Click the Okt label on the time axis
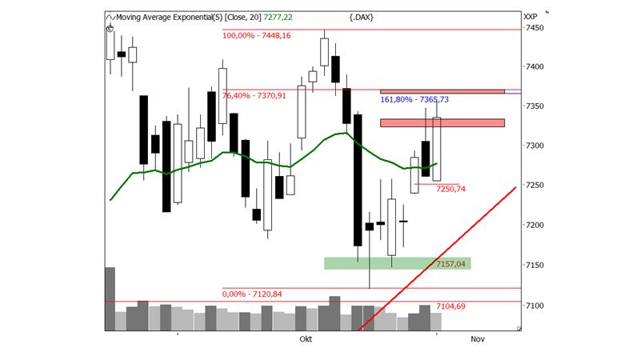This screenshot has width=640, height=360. (x=304, y=340)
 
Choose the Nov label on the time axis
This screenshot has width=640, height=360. (x=478, y=340)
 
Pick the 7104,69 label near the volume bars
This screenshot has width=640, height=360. (x=451, y=306)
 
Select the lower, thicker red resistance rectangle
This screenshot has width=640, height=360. (x=442, y=122)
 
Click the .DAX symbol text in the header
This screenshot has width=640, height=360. (x=362, y=16)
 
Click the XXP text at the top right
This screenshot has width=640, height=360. (x=529, y=15)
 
